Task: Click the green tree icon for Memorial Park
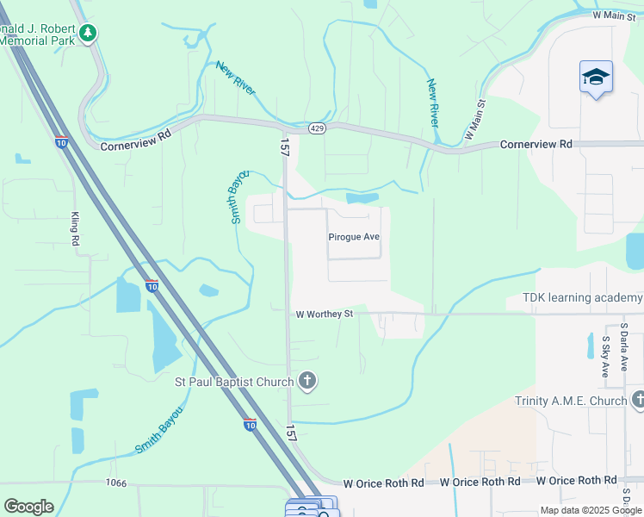click(87, 33)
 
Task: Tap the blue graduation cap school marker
click(596, 78)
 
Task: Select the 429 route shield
click(316, 128)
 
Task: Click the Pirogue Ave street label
click(353, 237)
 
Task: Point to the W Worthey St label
click(325, 315)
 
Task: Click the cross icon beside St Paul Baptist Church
click(307, 381)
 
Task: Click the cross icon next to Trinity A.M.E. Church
click(638, 400)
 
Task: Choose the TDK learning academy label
click(582, 298)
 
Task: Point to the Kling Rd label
click(75, 229)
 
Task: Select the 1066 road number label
click(115, 483)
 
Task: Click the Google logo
click(28, 507)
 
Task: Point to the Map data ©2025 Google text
click(591, 510)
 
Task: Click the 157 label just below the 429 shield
click(283, 146)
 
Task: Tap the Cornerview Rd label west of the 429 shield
click(136, 146)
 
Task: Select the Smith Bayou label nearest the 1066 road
click(159, 430)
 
